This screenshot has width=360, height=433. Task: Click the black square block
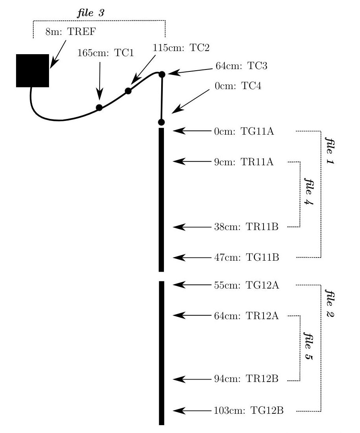point(33,71)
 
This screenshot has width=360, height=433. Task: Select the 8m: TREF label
point(71,31)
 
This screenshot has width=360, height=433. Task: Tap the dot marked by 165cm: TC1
point(99,108)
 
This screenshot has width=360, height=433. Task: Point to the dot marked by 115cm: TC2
point(128,91)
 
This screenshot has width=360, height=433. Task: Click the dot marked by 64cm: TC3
point(162,74)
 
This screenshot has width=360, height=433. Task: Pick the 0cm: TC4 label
point(238,86)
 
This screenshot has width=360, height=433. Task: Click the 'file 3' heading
point(91,13)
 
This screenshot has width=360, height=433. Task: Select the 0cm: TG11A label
point(244,131)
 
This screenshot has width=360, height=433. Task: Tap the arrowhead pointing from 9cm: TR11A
point(178,161)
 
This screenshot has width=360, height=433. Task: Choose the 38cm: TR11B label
point(246,227)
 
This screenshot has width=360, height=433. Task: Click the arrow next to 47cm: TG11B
point(192,258)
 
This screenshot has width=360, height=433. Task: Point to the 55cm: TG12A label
point(247,285)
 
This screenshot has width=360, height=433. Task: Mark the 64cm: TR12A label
point(247,316)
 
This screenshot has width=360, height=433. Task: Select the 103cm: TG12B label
point(249,411)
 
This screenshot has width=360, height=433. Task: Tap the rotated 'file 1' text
point(329,151)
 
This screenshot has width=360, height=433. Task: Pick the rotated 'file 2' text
point(329,303)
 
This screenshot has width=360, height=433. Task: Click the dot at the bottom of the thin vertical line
point(162,122)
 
